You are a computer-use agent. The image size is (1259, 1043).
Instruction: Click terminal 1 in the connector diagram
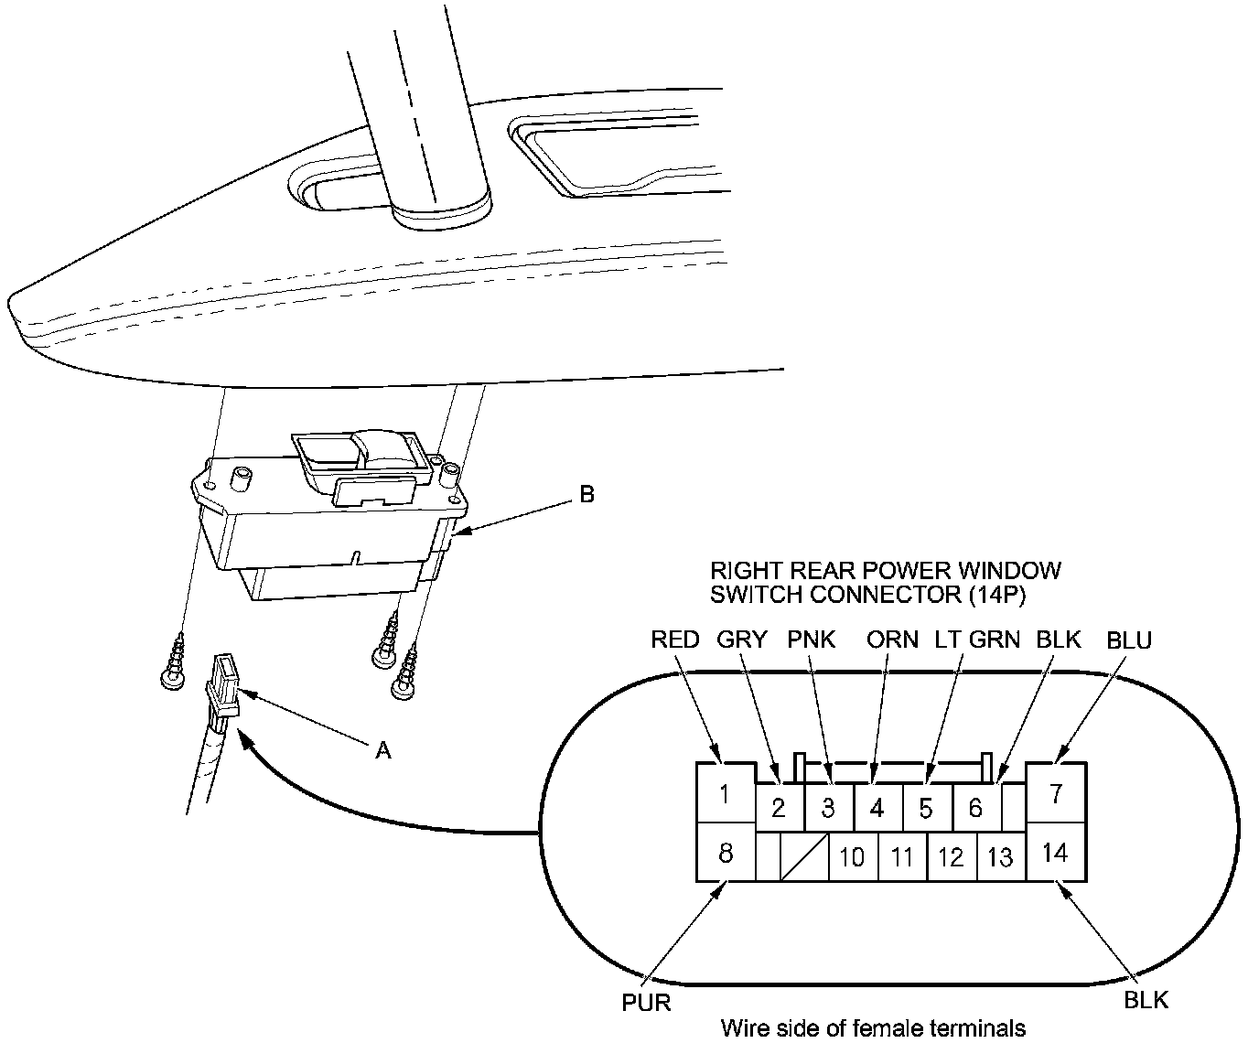[x=725, y=793]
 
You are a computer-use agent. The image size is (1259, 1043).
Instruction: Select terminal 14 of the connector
[x=1056, y=853]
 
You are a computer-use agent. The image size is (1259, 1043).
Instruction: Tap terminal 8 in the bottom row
[x=726, y=853]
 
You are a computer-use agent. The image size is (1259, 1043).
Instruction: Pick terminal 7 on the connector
[x=1056, y=793]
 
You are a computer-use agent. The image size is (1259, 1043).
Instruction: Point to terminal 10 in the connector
[x=852, y=857]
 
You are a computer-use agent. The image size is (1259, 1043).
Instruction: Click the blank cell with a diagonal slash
[x=805, y=857]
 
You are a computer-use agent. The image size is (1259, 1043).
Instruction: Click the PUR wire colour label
[x=647, y=1003]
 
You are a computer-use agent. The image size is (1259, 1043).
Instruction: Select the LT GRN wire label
[x=976, y=640]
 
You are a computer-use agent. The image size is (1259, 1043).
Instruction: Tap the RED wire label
[x=675, y=640]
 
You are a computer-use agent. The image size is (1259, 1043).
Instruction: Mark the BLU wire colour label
[x=1129, y=640]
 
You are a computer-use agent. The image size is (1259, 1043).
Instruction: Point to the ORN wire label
[x=892, y=640]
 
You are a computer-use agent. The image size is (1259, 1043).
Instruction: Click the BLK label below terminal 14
[x=1146, y=999]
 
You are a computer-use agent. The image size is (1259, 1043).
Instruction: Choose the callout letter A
[x=384, y=750]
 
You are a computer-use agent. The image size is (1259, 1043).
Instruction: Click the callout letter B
[x=587, y=495]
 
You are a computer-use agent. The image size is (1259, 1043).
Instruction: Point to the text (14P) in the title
[x=997, y=594]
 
